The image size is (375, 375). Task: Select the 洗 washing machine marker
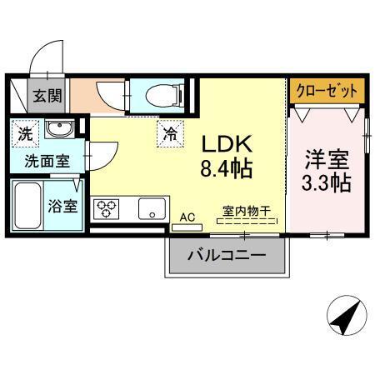(24, 130)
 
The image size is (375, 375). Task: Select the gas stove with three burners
(107, 208)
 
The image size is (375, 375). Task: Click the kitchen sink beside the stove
(152, 208)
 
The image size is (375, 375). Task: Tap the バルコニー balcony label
(226, 253)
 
